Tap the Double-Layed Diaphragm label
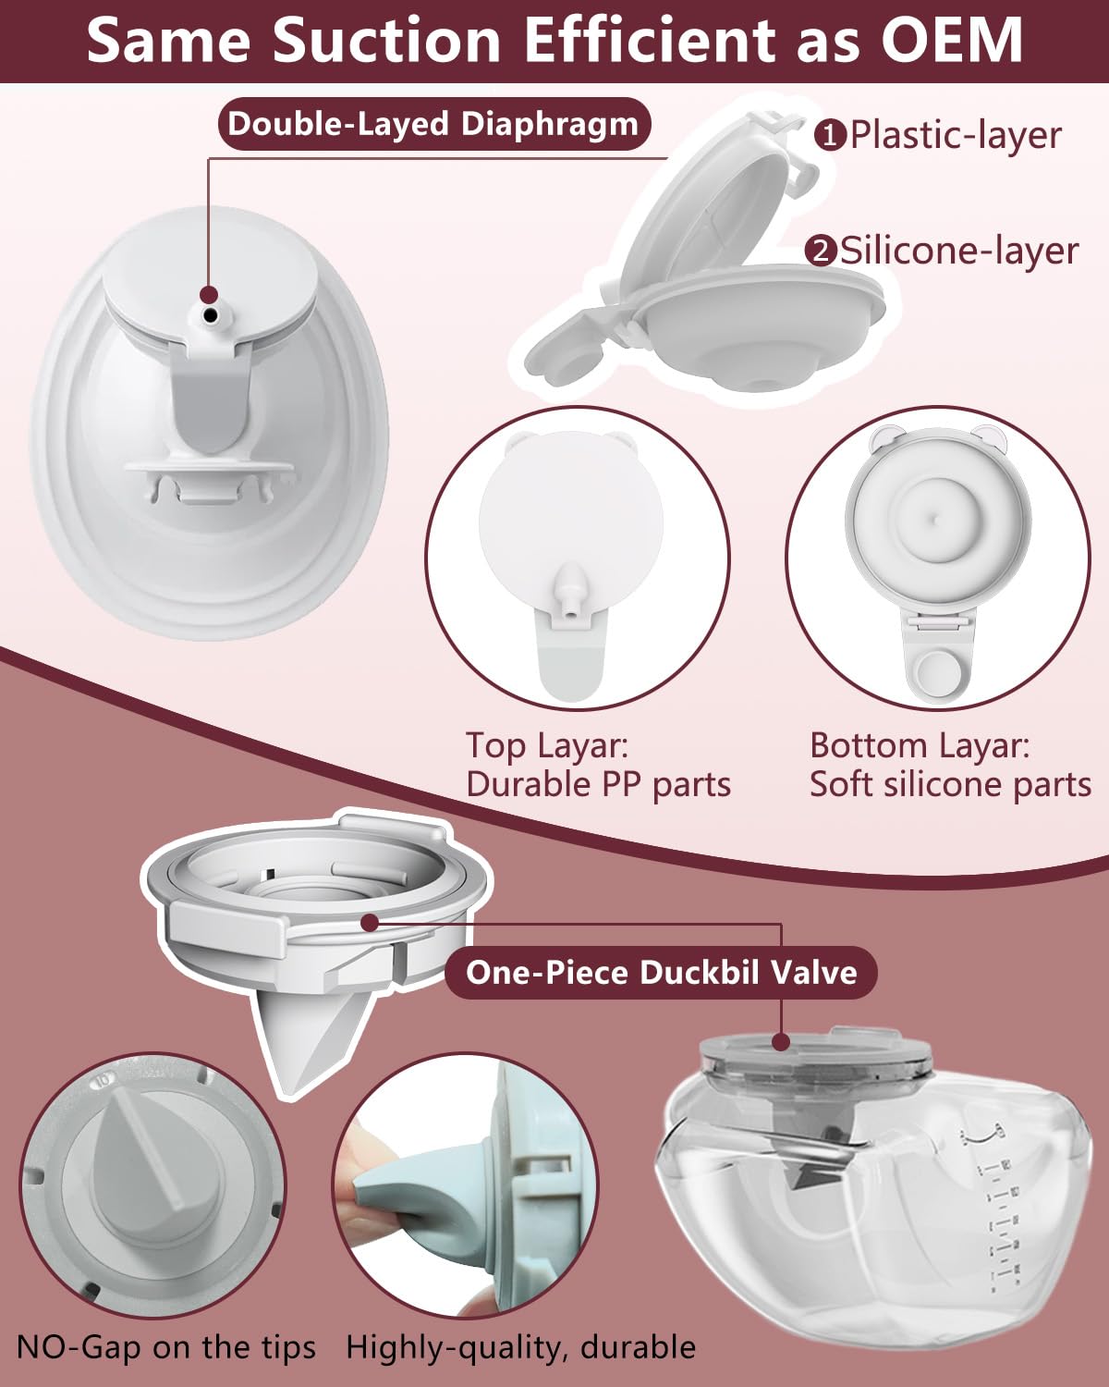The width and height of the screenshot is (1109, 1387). [x=433, y=124]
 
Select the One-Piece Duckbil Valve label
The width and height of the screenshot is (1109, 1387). [x=661, y=972]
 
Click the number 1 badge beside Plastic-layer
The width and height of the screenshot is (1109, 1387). [x=830, y=136]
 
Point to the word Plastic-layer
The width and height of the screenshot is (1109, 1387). [x=955, y=135]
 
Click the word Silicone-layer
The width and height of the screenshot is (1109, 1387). [x=958, y=251]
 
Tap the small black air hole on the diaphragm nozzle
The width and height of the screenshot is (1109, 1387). [x=211, y=315]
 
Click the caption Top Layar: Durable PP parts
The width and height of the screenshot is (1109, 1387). [x=598, y=765]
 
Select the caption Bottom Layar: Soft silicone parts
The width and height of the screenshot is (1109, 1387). [x=949, y=765]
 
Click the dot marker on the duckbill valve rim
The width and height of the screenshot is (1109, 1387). [x=370, y=922]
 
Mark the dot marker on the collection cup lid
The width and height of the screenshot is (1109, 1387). [x=782, y=1042]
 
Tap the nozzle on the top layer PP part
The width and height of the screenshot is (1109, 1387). [x=568, y=597]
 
